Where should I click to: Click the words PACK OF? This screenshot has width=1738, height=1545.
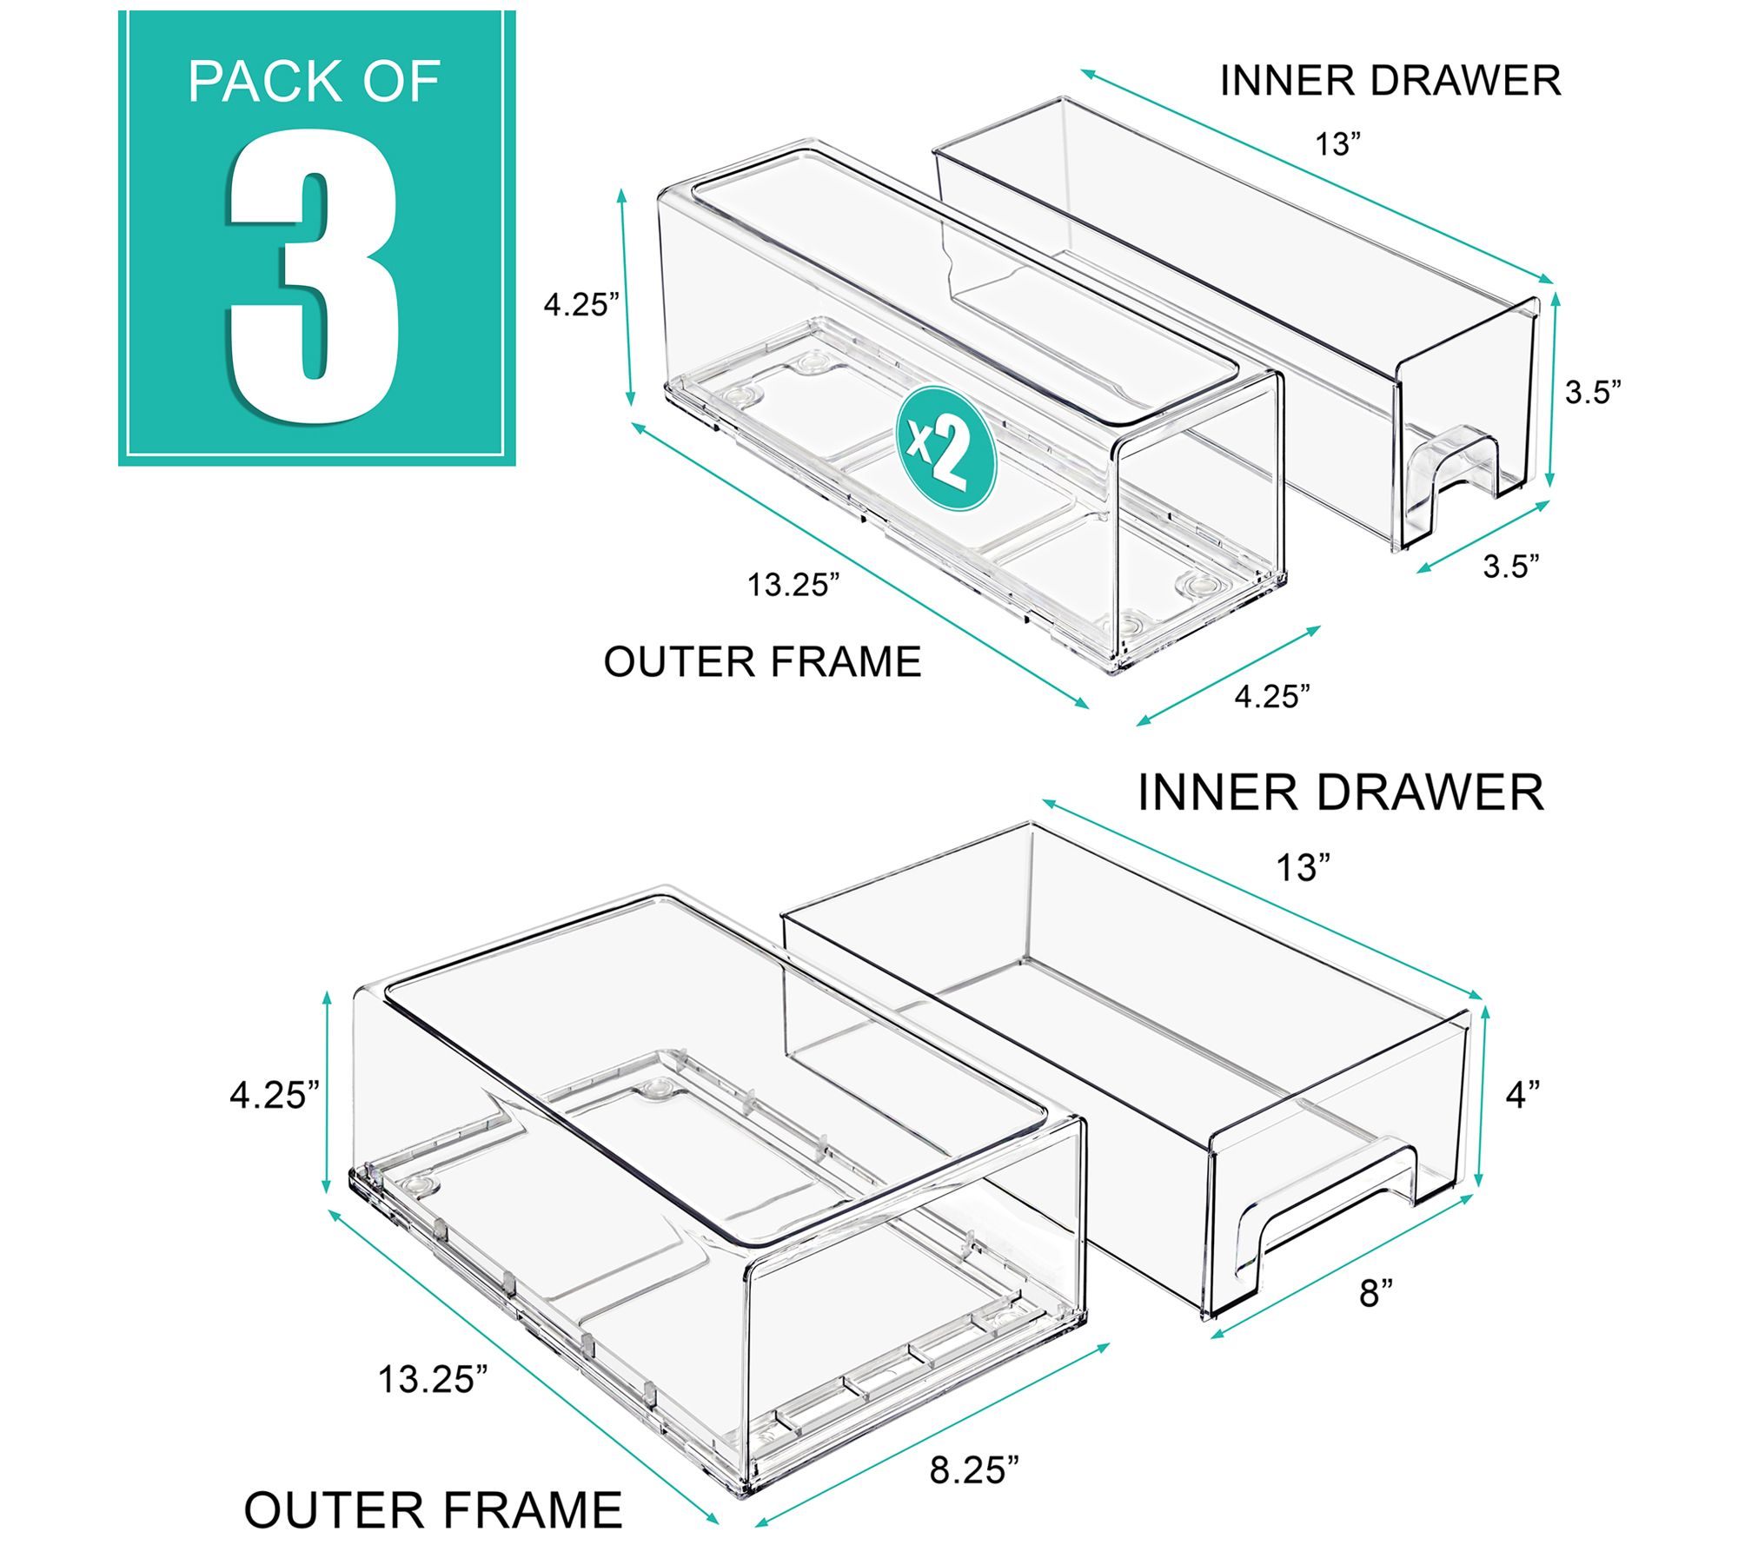pyautogui.click(x=314, y=83)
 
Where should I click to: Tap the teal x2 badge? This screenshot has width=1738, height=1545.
pyautogui.click(x=945, y=448)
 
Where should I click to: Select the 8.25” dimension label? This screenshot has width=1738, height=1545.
pyautogui.click(x=974, y=1469)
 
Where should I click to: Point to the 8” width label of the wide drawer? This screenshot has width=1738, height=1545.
pyautogui.click(x=1376, y=1294)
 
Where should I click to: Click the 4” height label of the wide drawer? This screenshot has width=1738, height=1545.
pyautogui.click(x=1522, y=1094)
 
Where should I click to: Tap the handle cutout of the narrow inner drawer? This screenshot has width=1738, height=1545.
pyautogui.click(x=1460, y=482)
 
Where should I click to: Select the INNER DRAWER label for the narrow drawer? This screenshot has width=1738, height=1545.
pyautogui.click(x=1390, y=81)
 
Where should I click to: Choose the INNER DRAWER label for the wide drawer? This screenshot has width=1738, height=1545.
pyautogui.click(x=1341, y=792)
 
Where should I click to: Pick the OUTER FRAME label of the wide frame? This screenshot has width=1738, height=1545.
pyautogui.click(x=433, y=1509)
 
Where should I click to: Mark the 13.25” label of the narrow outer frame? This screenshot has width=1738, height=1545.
pyautogui.click(x=793, y=585)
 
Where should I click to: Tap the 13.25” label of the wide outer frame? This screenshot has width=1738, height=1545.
pyautogui.click(x=433, y=1379)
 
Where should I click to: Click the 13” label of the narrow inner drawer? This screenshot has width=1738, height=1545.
pyautogui.click(x=1337, y=144)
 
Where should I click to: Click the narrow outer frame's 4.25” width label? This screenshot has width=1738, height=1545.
pyautogui.click(x=1272, y=696)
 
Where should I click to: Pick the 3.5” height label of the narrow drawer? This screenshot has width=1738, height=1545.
pyautogui.click(x=1593, y=393)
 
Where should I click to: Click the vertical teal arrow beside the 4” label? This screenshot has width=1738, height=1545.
pyautogui.click(x=1484, y=1097)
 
